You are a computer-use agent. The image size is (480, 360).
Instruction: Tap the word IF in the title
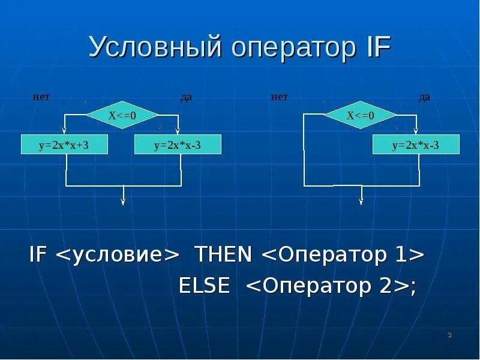click(x=377, y=47)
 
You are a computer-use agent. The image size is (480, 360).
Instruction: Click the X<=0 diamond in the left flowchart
click(x=122, y=115)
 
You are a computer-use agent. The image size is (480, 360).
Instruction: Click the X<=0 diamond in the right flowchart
click(x=360, y=115)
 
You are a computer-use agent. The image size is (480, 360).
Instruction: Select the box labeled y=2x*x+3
click(x=64, y=145)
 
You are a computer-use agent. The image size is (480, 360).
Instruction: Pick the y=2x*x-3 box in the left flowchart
click(x=178, y=145)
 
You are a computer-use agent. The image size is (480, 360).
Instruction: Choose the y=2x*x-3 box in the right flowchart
click(x=416, y=145)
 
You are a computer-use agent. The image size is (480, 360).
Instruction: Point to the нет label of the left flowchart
click(x=41, y=96)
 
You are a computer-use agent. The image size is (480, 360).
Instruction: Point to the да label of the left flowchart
click(x=187, y=97)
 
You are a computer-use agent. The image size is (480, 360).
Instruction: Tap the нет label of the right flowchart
click(x=280, y=96)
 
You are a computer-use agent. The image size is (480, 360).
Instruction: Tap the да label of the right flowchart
click(x=424, y=97)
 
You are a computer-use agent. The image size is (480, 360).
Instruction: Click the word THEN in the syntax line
click(x=222, y=255)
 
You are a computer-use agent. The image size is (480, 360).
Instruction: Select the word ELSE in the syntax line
click(x=205, y=286)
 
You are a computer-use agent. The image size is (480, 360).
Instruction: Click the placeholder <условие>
click(x=118, y=255)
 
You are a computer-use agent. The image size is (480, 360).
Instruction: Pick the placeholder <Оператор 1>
click(x=343, y=255)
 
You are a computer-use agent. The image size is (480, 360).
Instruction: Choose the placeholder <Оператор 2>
click(x=328, y=286)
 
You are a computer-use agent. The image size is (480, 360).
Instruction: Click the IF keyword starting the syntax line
click(x=39, y=255)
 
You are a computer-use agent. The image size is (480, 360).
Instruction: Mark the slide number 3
click(x=449, y=335)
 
